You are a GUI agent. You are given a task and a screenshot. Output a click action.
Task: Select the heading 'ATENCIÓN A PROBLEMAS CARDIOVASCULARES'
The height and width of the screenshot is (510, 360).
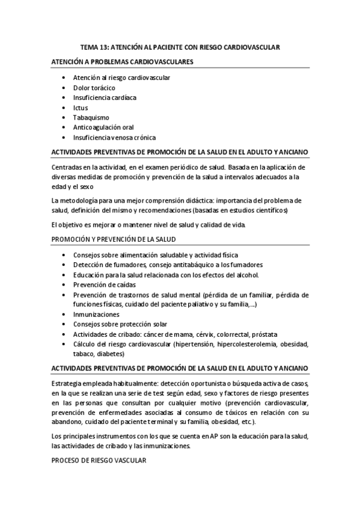[122, 62]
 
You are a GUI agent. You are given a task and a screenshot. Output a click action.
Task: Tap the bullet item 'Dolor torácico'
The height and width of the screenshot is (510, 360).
[94, 88]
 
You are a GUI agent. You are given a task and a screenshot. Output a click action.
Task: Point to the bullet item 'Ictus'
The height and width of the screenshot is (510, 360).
[81, 108]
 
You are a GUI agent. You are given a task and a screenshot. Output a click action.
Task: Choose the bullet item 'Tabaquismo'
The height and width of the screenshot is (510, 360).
[90, 117]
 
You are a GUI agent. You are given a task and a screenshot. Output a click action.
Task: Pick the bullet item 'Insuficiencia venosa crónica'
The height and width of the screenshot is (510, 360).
[114, 137]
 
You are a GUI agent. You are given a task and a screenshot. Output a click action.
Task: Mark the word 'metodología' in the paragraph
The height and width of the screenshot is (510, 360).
[81, 200]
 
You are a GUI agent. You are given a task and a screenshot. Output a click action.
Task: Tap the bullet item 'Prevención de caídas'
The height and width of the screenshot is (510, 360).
[105, 284]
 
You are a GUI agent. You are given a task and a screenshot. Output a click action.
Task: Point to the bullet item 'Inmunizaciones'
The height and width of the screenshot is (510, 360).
[96, 315]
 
